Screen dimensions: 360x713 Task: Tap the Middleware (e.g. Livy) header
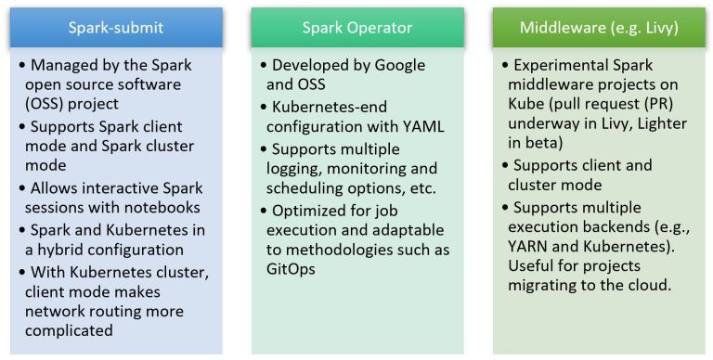(x=599, y=27)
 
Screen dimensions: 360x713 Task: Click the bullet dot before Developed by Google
(x=264, y=66)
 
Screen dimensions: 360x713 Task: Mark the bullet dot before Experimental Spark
(x=507, y=66)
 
